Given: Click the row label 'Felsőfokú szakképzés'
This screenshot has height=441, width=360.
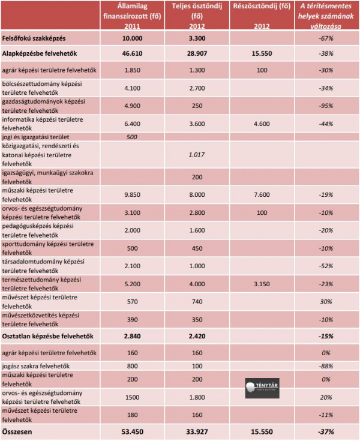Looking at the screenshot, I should [35, 39].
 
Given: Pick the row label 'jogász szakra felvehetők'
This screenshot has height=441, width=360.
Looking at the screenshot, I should [37, 365].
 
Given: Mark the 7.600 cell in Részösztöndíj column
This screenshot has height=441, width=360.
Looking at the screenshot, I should [262, 194].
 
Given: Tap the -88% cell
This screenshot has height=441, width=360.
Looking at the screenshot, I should [326, 365].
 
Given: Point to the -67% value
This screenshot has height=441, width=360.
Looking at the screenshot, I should [326, 39].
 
